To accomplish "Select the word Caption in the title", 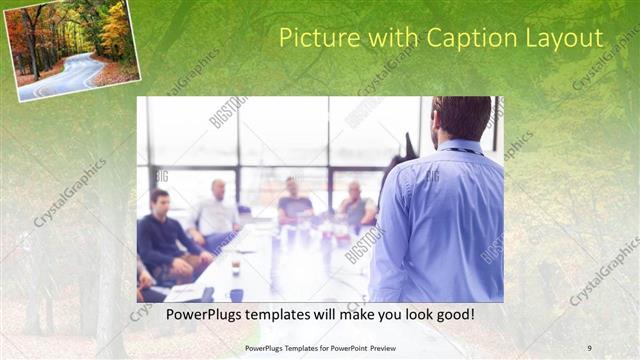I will point(472,38).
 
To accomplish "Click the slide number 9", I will point(589,347).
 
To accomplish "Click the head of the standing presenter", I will point(462,118).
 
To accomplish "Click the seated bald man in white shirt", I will point(216,212).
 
